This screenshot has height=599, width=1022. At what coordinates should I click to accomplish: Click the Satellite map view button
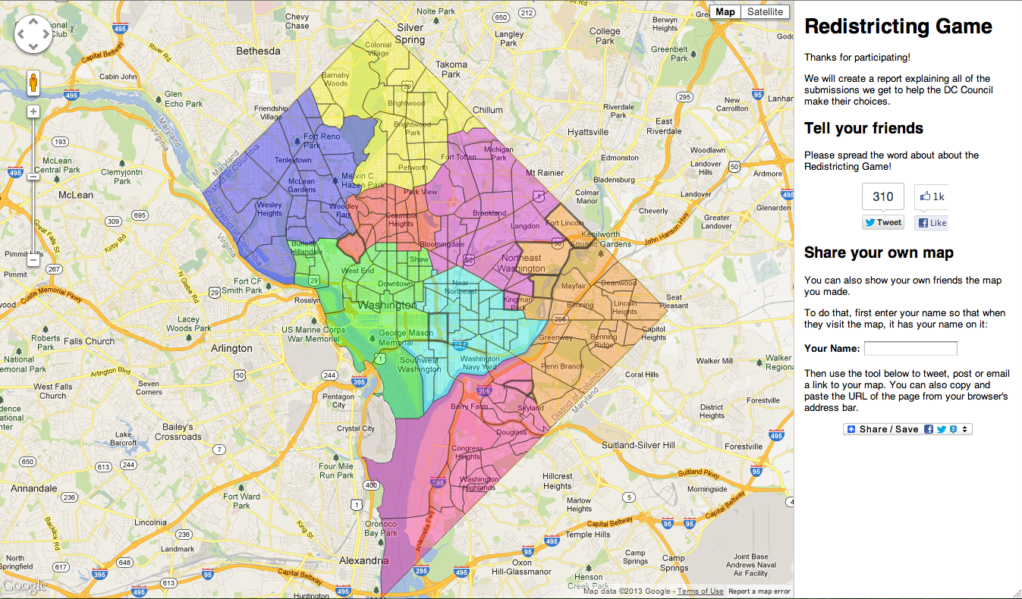point(765,11)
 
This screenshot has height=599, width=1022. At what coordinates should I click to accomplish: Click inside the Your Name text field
point(910,349)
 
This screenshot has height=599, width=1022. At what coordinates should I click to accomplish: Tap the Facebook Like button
point(931,223)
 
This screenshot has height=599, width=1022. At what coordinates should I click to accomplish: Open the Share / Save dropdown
point(907,429)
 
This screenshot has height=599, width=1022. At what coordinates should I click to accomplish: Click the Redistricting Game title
point(898,27)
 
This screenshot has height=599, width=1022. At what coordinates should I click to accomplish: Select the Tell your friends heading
point(863,128)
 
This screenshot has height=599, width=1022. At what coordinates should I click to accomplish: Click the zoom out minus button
point(33,260)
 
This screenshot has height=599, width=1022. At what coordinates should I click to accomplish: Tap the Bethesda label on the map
point(258,52)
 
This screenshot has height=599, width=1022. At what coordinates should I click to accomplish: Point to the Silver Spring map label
point(410,33)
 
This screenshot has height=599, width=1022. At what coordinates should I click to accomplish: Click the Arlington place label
point(231,349)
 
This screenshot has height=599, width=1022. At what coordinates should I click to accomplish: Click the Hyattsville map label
point(588,132)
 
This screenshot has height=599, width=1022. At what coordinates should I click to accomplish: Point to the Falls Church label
point(89,341)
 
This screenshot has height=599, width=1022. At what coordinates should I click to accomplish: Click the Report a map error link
point(759,591)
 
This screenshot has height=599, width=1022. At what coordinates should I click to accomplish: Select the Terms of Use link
point(700,591)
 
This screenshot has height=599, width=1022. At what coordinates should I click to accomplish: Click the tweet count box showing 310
point(883,196)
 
